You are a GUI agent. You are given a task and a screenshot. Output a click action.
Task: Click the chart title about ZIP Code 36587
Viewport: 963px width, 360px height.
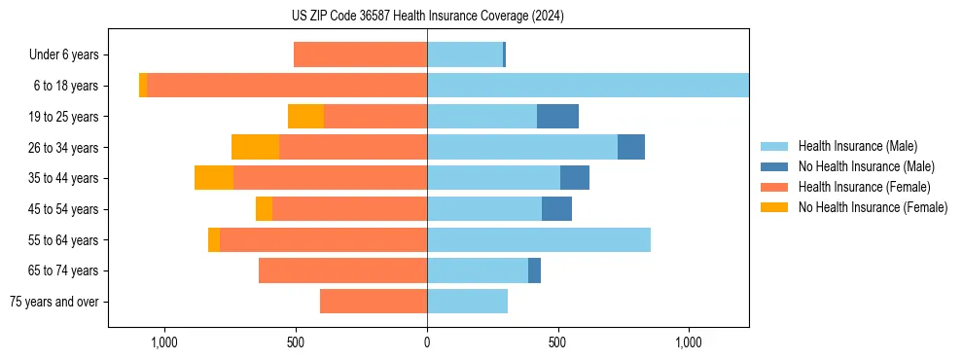pyautogui.click(x=427, y=17)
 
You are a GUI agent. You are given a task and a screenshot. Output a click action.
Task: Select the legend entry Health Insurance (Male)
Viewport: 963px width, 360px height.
pyautogui.click(x=857, y=146)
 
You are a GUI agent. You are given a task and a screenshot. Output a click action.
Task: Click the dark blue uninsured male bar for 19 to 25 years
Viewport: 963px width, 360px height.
pyautogui.click(x=557, y=117)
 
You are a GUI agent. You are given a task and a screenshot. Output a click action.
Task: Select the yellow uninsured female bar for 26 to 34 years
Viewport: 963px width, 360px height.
pyautogui.click(x=255, y=147)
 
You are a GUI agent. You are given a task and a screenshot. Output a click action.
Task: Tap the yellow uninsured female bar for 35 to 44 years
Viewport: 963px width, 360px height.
pyautogui.click(x=214, y=178)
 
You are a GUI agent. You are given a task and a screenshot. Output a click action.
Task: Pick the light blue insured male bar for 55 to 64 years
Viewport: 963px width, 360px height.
pyautogui.click(x=539, y=239)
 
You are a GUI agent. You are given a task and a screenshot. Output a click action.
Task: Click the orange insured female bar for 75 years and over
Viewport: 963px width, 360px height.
pyautogui.click(x=374, y=302)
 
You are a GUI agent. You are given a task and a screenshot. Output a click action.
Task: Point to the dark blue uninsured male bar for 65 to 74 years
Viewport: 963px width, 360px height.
pyautogui.click(x=534, y=270)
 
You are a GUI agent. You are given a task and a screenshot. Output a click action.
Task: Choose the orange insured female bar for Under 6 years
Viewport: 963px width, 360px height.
pyautogui.click(x=360, y=55)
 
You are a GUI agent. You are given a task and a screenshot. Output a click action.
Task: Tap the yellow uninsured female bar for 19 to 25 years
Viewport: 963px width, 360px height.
pyautogui.click(x=305, y=117)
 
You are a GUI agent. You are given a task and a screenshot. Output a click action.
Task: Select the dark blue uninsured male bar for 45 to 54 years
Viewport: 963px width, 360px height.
pyautogui.click(x=556, y=209)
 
